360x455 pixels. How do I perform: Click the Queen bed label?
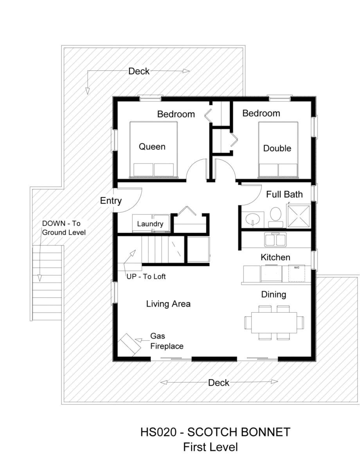point(152,147)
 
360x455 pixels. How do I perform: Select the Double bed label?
point(277,149)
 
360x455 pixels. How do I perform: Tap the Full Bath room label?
point(284,194)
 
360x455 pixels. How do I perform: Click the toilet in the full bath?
point(276,216)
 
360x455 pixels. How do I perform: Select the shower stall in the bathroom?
point(299,216)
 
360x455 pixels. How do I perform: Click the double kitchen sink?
point(275,239)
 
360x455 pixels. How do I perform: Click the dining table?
point(274,322)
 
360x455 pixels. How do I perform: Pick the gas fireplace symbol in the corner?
point(130,344)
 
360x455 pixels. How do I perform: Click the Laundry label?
point(150,224)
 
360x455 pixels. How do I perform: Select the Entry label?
point(111,201)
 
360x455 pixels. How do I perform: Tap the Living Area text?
point(168,304)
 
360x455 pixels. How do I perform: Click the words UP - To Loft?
point(146,277)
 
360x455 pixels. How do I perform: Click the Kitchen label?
point(275,258)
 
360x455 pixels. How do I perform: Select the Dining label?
point(274,294)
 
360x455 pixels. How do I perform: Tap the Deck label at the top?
point(139,71)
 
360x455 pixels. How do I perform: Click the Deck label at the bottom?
point(218,383)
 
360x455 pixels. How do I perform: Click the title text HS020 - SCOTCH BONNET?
point(215,432)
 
